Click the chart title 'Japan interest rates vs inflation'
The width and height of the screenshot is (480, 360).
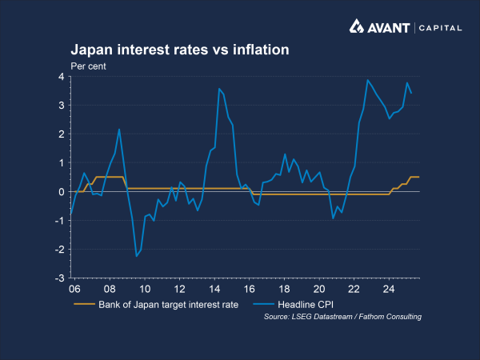[180, 50]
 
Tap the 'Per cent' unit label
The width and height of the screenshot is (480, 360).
[90, 66]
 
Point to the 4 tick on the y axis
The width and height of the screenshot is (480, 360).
[60, 77]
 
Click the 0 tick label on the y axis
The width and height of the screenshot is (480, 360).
[60, 192]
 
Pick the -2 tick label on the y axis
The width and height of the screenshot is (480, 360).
[58, 250]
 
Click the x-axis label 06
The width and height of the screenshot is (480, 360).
[74, 289]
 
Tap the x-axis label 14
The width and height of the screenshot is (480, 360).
[214, 289]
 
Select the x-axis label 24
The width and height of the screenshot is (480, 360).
[389, 289]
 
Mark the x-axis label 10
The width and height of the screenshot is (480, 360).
[145, 289]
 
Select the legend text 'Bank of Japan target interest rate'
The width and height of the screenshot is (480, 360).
[168, 305]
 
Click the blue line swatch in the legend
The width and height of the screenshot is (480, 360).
[263, 305]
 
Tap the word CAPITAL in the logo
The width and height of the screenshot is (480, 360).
[442, 28]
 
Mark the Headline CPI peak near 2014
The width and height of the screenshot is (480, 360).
[219, 89]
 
